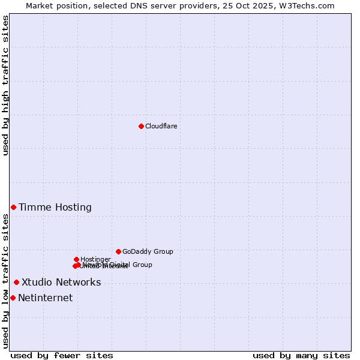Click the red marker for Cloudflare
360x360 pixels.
click(x=141, y=126)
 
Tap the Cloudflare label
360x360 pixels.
click(x=161, y=126)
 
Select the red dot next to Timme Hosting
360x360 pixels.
click(x=13, y=207)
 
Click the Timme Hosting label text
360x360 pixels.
click(x=55, y=208)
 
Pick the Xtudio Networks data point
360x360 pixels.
click(x=16, y=282)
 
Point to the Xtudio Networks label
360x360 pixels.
click(x=61, y=283)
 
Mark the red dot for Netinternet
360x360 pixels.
click(x=13, y=298)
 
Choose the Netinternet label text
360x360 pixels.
click(x=46, y=298)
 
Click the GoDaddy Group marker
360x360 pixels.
click(x=118, y=251)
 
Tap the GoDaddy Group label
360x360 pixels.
click(x=148, y=252)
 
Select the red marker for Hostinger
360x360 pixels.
click(x=76, y=259)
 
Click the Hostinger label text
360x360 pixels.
click(x=95, y=260)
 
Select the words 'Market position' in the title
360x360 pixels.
click(x=56, y=5)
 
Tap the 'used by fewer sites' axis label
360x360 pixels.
click(x=62, y=356)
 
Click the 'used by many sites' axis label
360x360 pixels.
click(x=301, y=356)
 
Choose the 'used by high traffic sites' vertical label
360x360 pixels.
click(x=6, y=85)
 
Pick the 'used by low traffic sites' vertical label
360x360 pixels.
click(x=6, y=281)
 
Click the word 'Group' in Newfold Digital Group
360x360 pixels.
click(x=142, y=265)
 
